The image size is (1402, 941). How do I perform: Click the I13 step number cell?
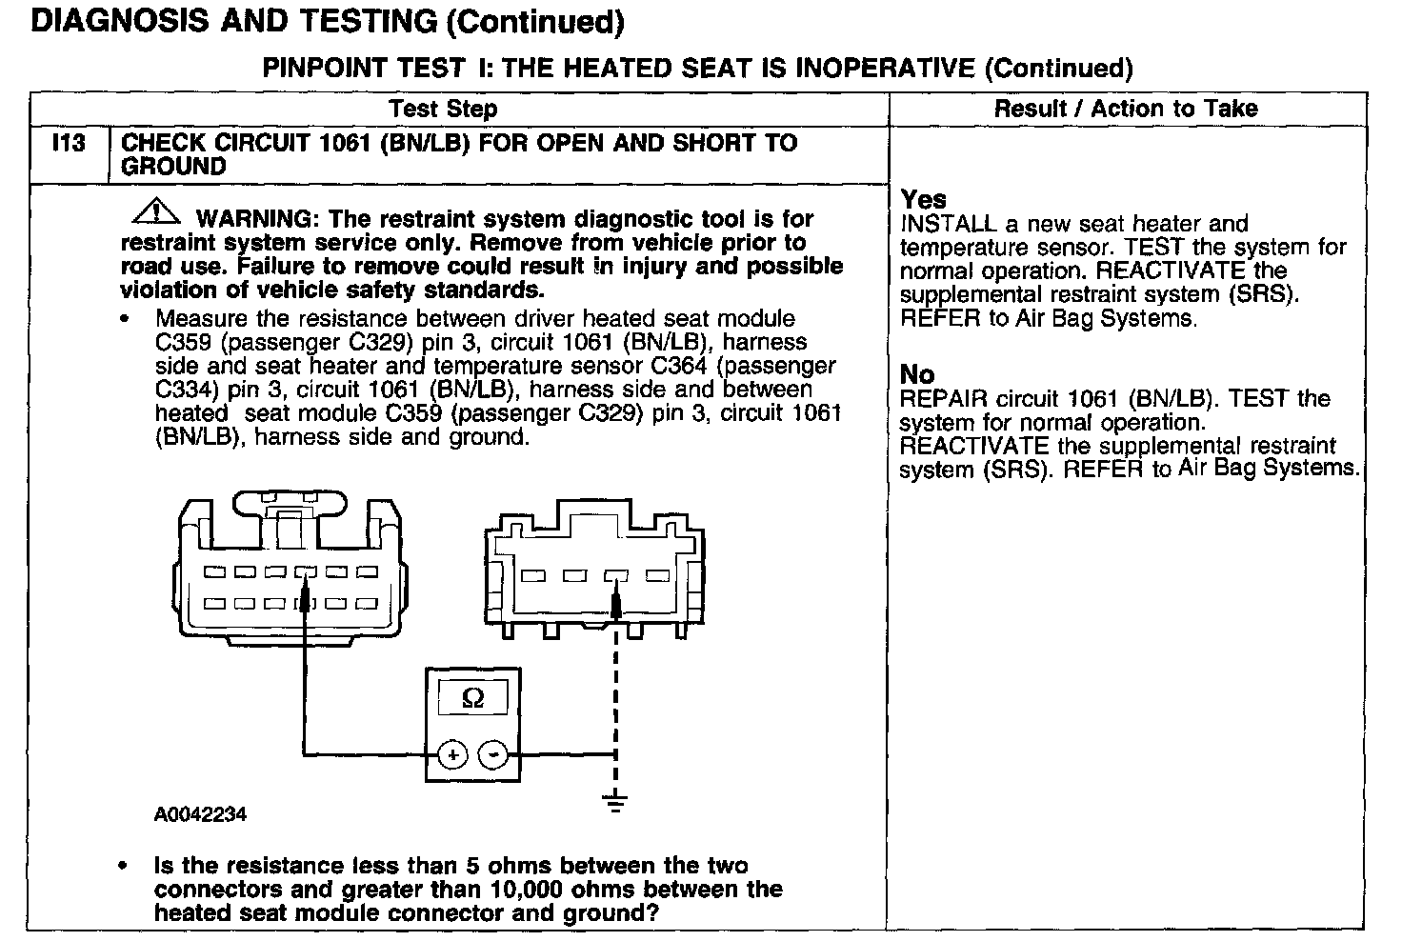pos(69,144)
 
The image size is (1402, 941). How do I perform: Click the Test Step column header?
pos(443,109)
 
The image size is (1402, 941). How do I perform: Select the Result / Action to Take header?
pos(1126,109)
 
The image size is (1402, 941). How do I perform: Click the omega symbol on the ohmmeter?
pos(472,699)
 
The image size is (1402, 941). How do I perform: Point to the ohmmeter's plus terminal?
pos(452,755)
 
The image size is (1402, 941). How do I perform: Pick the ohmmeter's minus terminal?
pos(491,755)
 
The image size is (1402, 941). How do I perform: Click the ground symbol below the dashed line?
pos(616,802)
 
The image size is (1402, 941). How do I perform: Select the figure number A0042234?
pos(200,815)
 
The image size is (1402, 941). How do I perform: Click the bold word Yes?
pos(923,200)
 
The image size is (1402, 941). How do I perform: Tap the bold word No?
pos(916,374)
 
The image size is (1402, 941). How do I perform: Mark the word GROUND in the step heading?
pos(174,167)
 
